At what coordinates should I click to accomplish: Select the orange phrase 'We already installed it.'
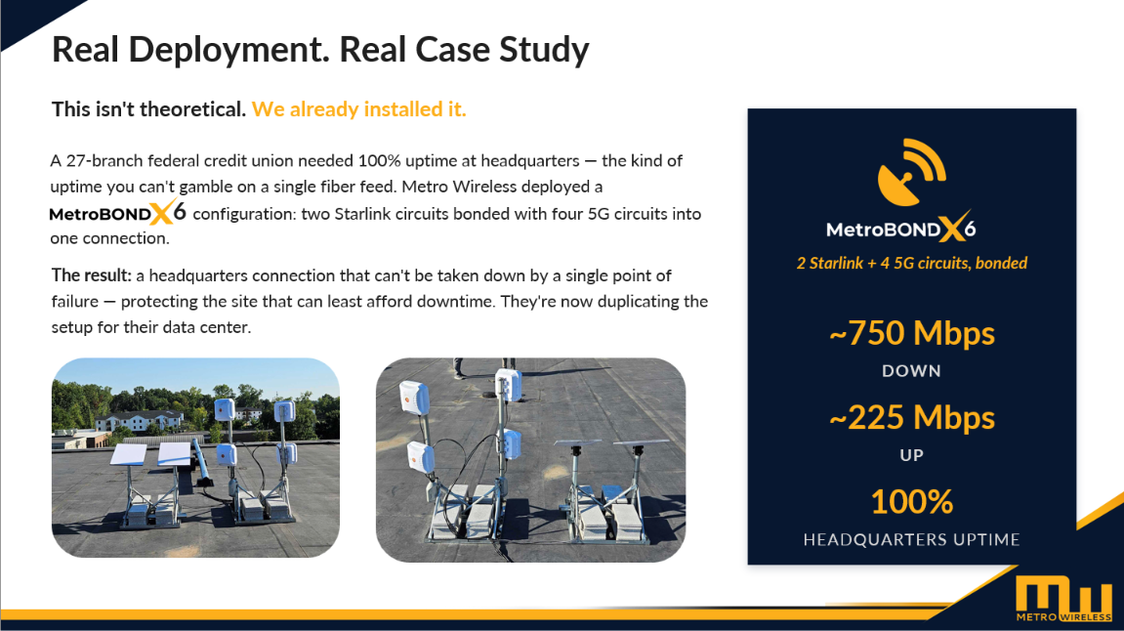(x=359, y=109)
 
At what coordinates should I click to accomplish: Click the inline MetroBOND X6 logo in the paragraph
(x=117, y=212)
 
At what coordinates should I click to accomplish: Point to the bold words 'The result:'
(x=92, y=275)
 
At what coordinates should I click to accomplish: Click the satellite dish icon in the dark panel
(x=911, y=172)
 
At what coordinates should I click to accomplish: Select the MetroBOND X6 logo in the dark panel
(x=900, y=228)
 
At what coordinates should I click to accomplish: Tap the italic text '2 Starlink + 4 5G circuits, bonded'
(x=912, y=263)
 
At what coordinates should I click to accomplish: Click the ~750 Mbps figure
(x=912, y=333)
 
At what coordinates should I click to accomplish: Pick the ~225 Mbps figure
(x=912, y=417)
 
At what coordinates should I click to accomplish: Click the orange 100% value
(x=912, y=501)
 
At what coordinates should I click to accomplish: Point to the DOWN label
(x=911, y=371)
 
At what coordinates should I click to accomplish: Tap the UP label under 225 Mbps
(x=911, y=455)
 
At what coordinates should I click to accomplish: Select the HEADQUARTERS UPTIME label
(x=911, y=539)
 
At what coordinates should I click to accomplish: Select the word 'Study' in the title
(x=544, y=51)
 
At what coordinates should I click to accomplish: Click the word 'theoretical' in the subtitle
(x=192, y=109)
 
